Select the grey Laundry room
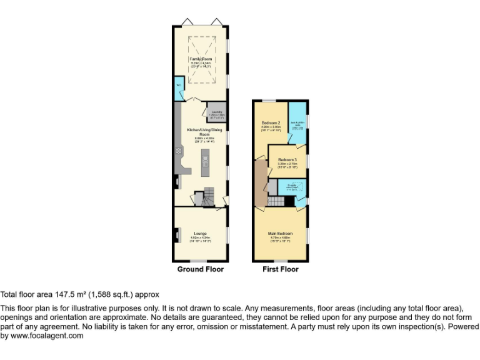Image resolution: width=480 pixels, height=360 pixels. pyautogui.click(x=216, y=112)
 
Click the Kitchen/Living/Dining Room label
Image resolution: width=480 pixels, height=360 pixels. pyautogui.click(x=201, y=132)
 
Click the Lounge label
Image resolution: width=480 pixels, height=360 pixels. pyautogui.click(x=200, y=234)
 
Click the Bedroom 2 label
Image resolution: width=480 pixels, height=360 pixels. pyautogui.click(x=271, y=122)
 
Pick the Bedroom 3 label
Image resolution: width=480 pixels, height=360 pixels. pyautogui.click(x=287, y=160)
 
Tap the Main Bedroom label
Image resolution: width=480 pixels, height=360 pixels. pyautogui.click(x=280, y=234)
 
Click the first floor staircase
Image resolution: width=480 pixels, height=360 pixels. pyautogui.click(x=279, y=201)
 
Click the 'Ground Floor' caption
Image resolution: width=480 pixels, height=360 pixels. pyautogui.click(x=200, y=269)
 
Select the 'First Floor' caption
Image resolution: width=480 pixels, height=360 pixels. pyautogui.click(x=280, y=269)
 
